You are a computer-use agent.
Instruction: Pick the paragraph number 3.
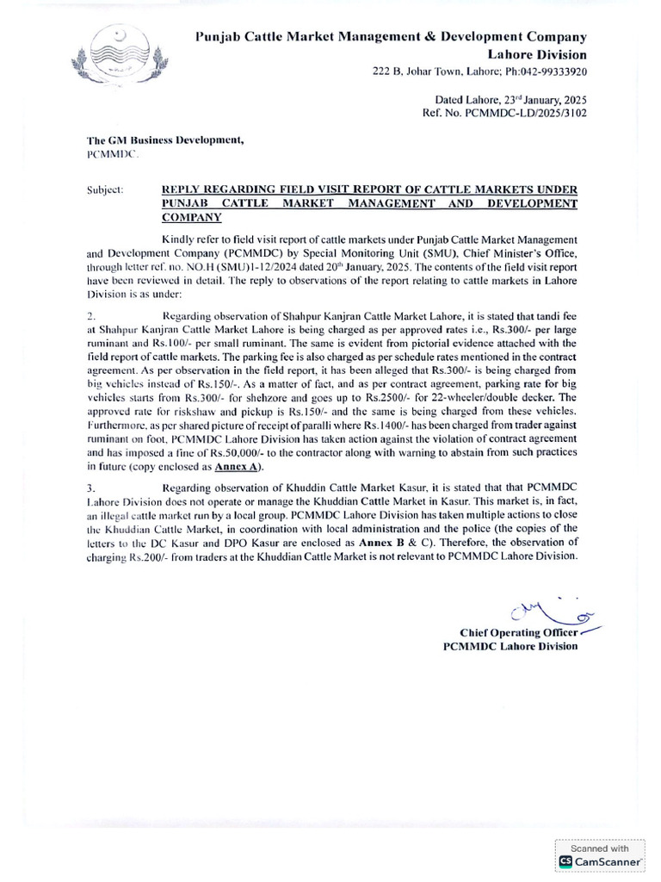pos(91,489)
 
